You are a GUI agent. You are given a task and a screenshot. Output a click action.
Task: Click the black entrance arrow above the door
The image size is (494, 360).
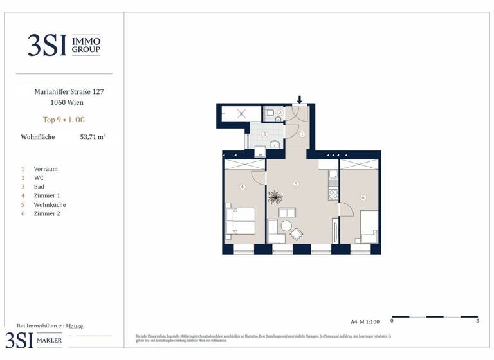300,100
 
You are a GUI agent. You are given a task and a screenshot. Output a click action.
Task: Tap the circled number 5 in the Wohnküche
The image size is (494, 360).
296,184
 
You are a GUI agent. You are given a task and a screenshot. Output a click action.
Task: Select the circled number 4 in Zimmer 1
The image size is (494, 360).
242,187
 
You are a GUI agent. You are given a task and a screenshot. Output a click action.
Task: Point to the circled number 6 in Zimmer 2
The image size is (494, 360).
363,197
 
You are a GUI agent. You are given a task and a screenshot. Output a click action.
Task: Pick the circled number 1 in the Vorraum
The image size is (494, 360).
302,134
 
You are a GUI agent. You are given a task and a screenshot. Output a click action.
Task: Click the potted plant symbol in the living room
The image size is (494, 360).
275,195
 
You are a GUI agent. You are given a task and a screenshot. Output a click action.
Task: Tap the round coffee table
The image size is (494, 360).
286,226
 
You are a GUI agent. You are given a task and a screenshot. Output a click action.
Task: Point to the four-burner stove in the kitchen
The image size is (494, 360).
333,192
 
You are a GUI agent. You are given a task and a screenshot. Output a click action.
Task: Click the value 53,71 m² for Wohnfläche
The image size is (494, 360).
93,137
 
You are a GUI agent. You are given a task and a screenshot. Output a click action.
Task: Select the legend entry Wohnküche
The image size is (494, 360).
50,204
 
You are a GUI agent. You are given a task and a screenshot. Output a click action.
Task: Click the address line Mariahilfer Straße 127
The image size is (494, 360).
69,92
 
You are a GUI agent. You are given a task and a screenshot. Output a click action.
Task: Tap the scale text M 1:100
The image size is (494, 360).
370,320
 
